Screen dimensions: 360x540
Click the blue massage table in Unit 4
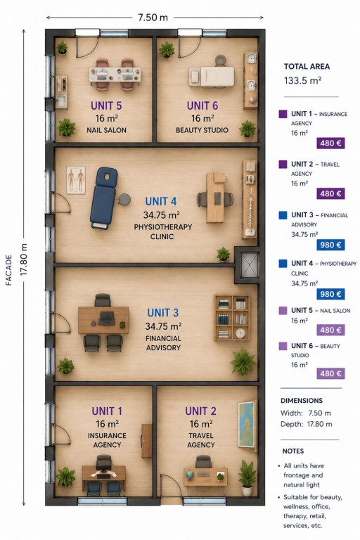pos(103,198)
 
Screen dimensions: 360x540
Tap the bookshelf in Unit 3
pos(231,318)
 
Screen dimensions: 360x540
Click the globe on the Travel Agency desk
pos(189,475)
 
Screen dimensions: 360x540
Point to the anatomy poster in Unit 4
pos(76,180)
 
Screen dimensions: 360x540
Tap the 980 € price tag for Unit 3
pos(330,245)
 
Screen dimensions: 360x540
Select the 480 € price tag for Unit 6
pos(330,373)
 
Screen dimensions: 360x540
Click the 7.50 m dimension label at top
pos(153,17)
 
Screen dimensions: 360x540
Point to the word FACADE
pos(9,270)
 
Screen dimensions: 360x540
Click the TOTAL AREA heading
pos(307,67)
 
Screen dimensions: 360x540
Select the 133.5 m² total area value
pos(302,81)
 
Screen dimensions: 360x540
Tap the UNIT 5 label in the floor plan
pos(106,105)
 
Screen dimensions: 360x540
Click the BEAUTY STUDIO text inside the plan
pos(202,130)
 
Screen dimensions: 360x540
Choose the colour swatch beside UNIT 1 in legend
pos(283,114)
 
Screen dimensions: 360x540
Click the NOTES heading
pos(292,451)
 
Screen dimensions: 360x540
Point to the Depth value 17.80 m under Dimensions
pos(320,424)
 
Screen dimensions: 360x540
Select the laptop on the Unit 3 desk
pos(106,319)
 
